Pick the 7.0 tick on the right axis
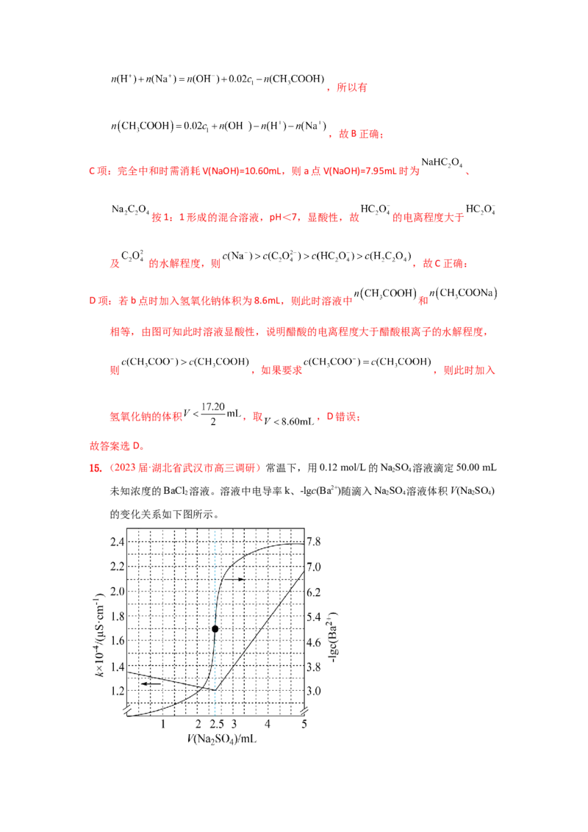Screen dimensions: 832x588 point(315,566)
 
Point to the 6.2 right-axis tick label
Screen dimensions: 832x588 point(315,591)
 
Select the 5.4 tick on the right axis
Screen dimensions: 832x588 point(315,617)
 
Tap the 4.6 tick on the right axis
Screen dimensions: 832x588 point(315,642)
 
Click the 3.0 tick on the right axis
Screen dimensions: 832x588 point(315,692)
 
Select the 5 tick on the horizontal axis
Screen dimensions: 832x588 point(302,723)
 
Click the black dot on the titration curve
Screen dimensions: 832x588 point(214,628)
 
